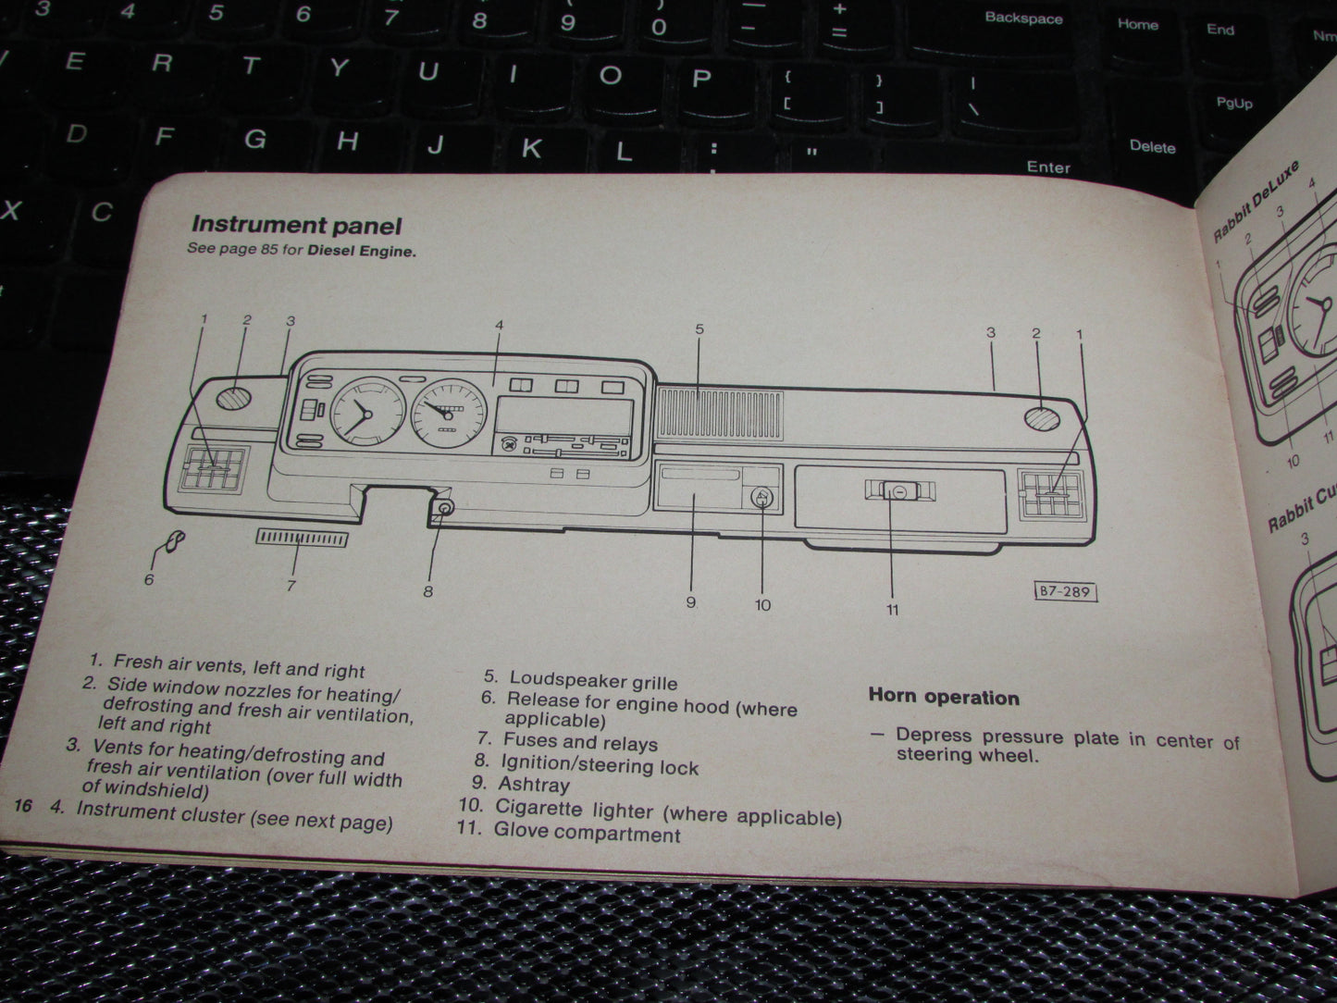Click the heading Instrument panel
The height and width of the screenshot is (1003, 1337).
coord(296,225)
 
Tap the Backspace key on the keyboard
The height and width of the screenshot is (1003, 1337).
coord(1023,18)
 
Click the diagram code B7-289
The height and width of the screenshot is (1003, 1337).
coord(1064,591)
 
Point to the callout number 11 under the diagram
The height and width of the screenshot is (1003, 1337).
coord(892,610)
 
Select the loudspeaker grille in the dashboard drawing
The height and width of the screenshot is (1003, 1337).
coord(720,413)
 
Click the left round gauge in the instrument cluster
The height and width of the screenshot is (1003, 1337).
coord(366,415)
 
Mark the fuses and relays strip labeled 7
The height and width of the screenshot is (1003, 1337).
coord(302,539)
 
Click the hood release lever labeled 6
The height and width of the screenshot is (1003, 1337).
coord(172,543)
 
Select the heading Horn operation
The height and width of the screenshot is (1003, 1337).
coord(943,698)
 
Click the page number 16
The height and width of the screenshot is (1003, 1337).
coord(22,806)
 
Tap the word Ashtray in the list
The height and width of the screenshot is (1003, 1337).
coord(534,785)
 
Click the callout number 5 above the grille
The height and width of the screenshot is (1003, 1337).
coord(699,329)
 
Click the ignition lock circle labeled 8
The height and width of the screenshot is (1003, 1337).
coord(445,508)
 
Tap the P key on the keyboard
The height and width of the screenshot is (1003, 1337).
coord(700,78)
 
